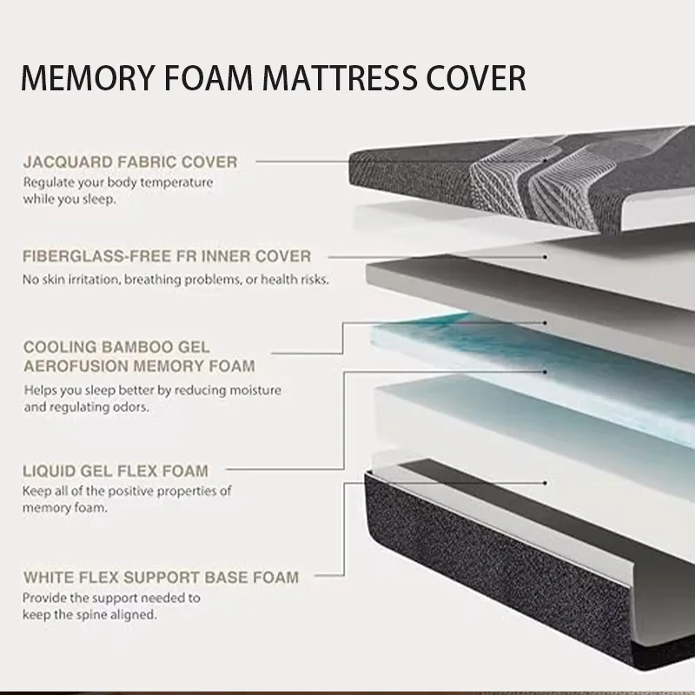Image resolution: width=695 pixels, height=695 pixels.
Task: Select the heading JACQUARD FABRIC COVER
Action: tap(129, 162)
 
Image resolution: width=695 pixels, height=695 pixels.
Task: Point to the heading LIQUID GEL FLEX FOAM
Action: tap(116, 472)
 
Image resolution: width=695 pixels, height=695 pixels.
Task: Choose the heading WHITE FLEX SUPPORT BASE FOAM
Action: tap(161, 576)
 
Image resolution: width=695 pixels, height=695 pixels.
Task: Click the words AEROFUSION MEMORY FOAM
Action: tap(139, 366)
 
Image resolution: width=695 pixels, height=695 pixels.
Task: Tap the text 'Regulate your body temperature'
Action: tap(117, 182)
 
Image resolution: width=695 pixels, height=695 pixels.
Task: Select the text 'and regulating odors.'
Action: tap(87, 407)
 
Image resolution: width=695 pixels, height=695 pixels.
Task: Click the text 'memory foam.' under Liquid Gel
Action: tap(65, 508)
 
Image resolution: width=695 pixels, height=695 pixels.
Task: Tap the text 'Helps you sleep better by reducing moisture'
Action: tap(152, 391)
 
